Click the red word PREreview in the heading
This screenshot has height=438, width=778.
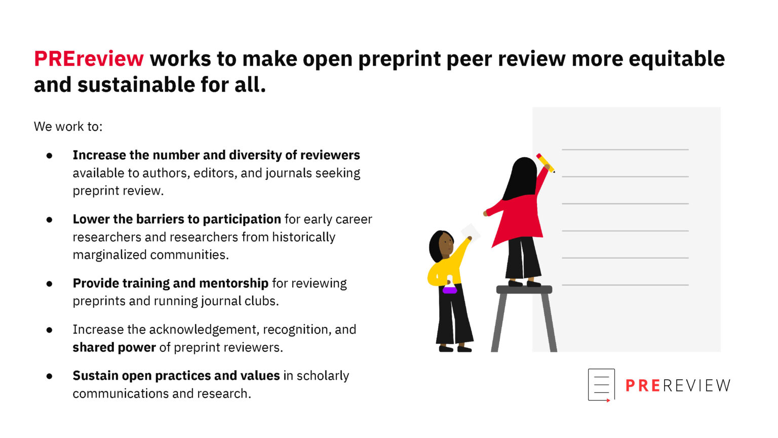[89, 59]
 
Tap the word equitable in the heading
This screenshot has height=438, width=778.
[677, 59]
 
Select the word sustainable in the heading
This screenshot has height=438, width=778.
[136, 85]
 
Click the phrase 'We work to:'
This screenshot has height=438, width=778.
[68, 126]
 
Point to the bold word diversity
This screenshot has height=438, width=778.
[255, 155]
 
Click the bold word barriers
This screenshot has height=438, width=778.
[161, 219]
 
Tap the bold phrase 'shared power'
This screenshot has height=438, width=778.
[114, 347]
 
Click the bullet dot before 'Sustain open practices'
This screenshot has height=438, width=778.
[49, 376]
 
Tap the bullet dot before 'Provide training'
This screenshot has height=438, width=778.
[49, 283]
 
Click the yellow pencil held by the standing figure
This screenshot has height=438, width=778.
[546, 163]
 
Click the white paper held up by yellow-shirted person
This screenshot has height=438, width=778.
[471, 232]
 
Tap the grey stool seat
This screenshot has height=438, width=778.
[524, 289]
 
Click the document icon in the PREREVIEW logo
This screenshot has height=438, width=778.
[601, 385]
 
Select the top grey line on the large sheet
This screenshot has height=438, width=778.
[625, 150]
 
